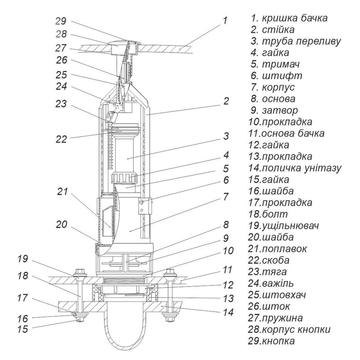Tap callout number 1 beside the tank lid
tap(225, 21)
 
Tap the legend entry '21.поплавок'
tap(283, 248)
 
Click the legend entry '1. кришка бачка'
tap(289, 18)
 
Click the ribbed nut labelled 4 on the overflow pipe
tap(124, 177)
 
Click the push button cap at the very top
tap(122, 44)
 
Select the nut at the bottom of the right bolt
tap(167, 318)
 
